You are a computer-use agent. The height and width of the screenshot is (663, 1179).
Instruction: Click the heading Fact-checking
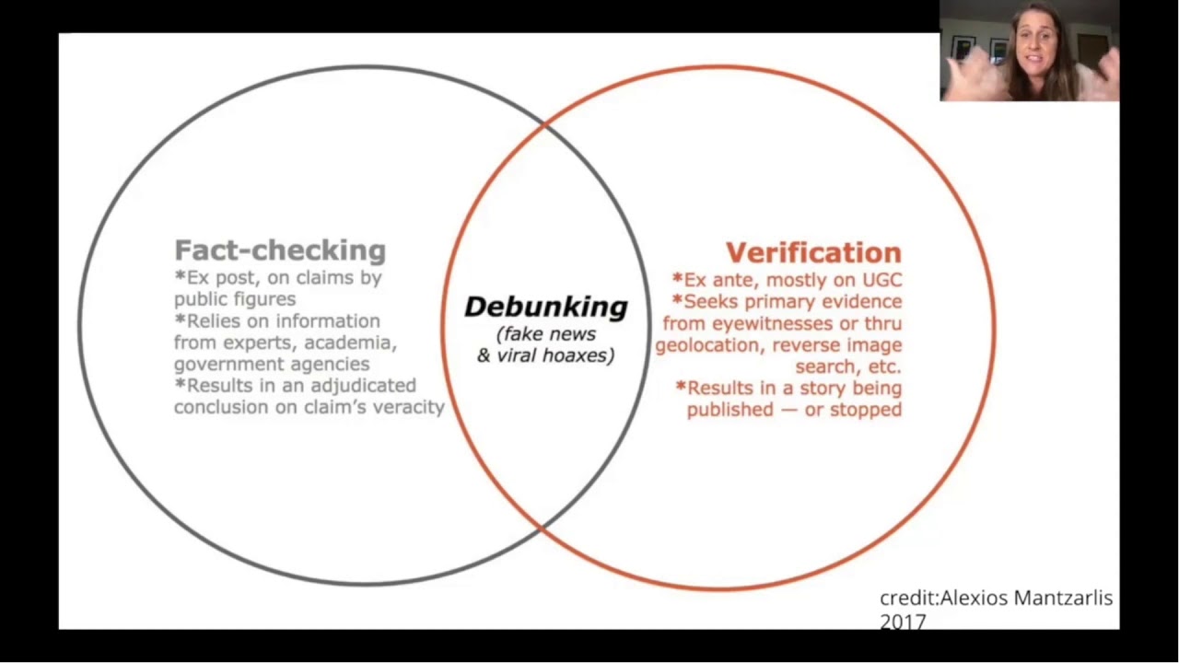click(x=280, y=250)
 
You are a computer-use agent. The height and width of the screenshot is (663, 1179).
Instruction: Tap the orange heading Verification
click(x=813, y=252)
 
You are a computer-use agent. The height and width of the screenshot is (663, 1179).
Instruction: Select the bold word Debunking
click(x=545, y=307)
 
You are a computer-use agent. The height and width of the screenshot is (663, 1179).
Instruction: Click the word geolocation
click(x=709, y=345)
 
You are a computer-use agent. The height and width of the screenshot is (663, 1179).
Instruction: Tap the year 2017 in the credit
click(x=903, y=622)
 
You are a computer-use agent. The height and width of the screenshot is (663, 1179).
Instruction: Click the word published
click(x=730, y=410)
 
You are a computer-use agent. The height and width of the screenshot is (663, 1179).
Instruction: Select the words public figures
click(x=235, y=299)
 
